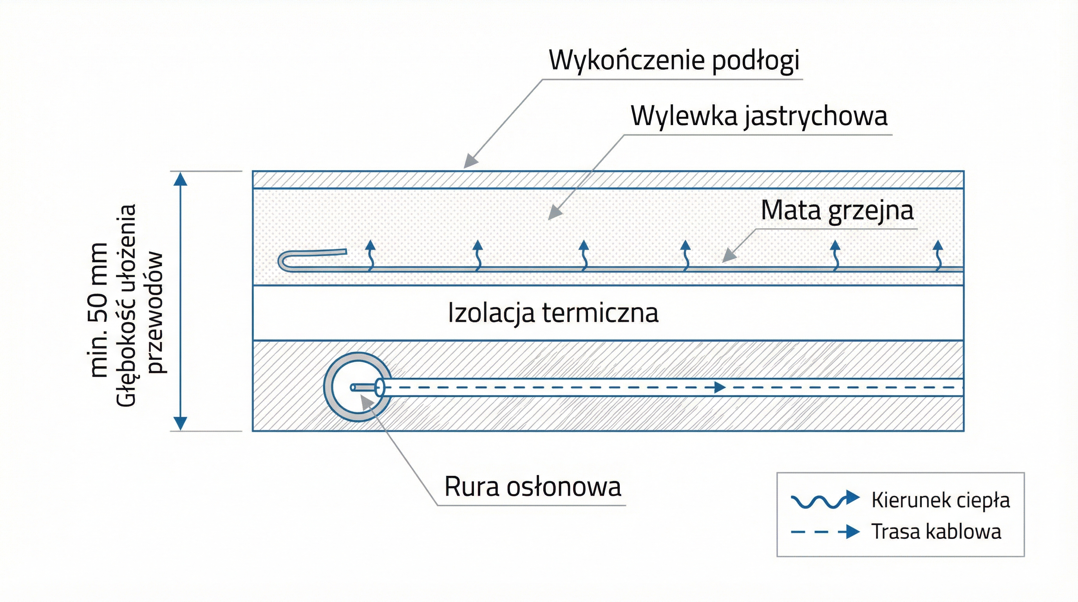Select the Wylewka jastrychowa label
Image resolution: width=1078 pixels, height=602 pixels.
tap(758, 116)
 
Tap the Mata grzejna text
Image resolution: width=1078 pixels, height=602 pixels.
tap(837, 210)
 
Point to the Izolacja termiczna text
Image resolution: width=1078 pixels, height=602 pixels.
tap(553, 313)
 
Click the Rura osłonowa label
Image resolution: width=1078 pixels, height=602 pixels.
tap(532, 487)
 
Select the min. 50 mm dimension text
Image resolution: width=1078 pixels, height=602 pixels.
tap(99, 310)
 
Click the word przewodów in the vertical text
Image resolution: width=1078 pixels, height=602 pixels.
tap(155, 312)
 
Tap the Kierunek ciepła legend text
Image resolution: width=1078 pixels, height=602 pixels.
tap(941, 500)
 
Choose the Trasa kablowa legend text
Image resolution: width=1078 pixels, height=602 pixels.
tap(936, 532)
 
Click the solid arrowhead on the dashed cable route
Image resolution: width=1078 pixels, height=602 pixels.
tap(719, 387)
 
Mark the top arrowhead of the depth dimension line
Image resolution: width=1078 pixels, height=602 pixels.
tap(180, 179)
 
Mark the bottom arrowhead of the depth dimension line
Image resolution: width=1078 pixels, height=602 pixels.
tap(180, 423)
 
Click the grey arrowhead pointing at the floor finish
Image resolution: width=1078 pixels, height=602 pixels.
tap(471, 161)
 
